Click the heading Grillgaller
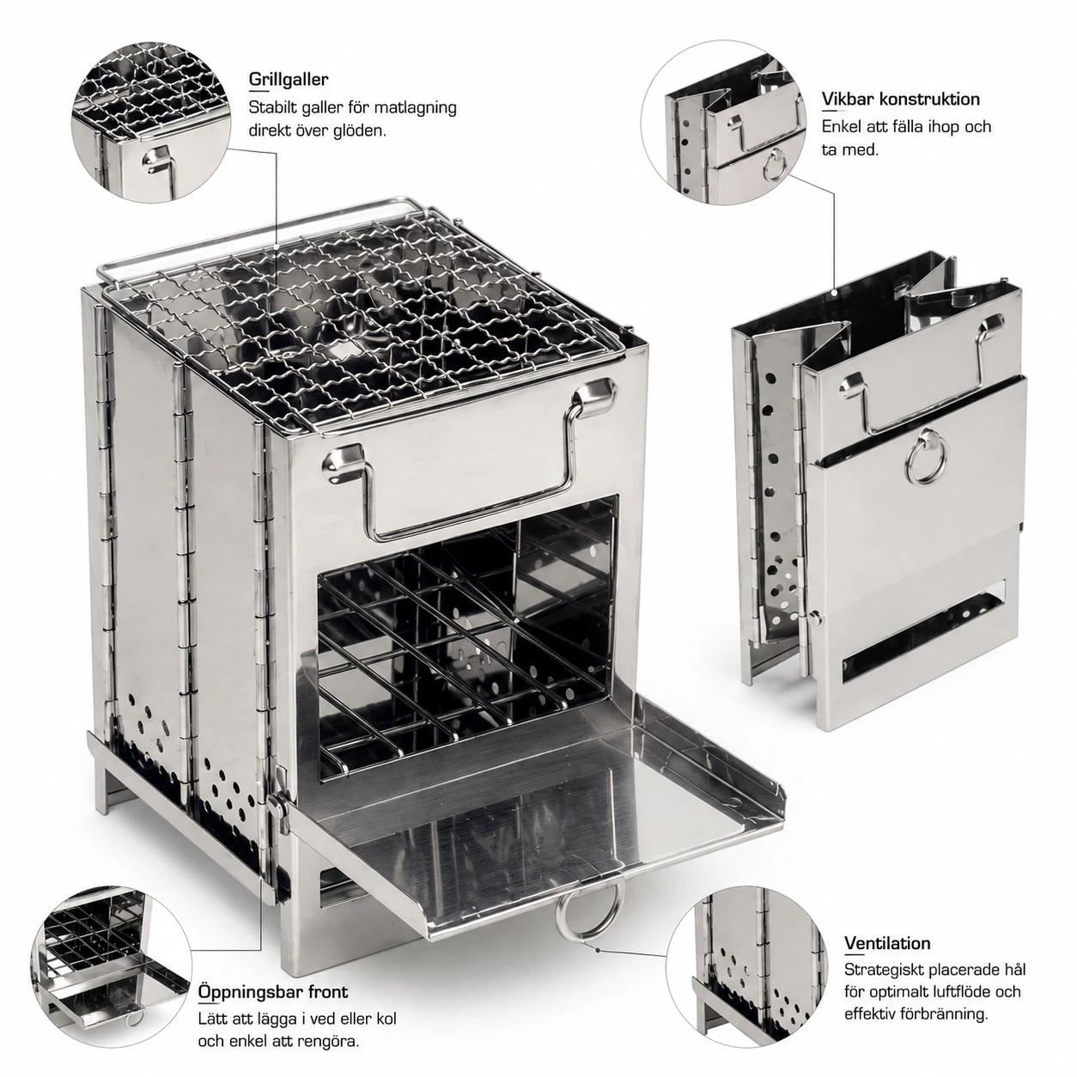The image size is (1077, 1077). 289,79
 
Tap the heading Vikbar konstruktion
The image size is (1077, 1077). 901,99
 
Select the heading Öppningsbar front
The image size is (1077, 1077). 273,945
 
